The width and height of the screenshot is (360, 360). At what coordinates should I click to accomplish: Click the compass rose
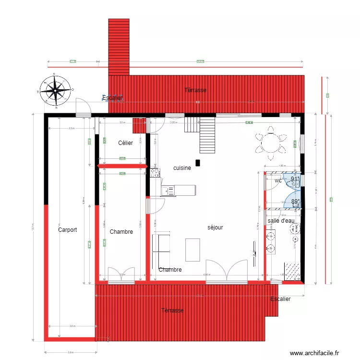pyautogui.click(x=56, y=90)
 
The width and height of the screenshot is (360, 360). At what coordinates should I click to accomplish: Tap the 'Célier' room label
pyautogui.click(x=125, y=143)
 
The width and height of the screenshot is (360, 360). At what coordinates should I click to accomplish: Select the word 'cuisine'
pyautogui.click(x=182, y=168)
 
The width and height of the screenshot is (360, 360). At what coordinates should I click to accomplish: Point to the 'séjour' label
pyautogui.click(x=216, y=228)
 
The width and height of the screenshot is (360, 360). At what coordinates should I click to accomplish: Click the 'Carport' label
pyautogui.click(x=68, y=230)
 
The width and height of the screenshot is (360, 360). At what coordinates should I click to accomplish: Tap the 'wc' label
pyautogui.click(x=278, y=181)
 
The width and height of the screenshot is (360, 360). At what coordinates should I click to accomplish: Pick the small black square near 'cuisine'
pyautogui.click(x=197, y=162)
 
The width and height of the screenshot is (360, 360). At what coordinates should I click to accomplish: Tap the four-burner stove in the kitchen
pyautogui.click(x=155, y=172)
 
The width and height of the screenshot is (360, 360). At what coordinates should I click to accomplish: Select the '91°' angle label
pyautogui.click(x=295, y=179)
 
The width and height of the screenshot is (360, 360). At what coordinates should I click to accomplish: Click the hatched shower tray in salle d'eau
pyautogui.click(x=291, y=271)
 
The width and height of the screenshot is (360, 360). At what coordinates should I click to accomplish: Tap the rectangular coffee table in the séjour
pyautogui.click(x=192, y=249)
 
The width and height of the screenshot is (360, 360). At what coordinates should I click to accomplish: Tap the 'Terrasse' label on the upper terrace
pyautogui.click(x=195, y=90)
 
